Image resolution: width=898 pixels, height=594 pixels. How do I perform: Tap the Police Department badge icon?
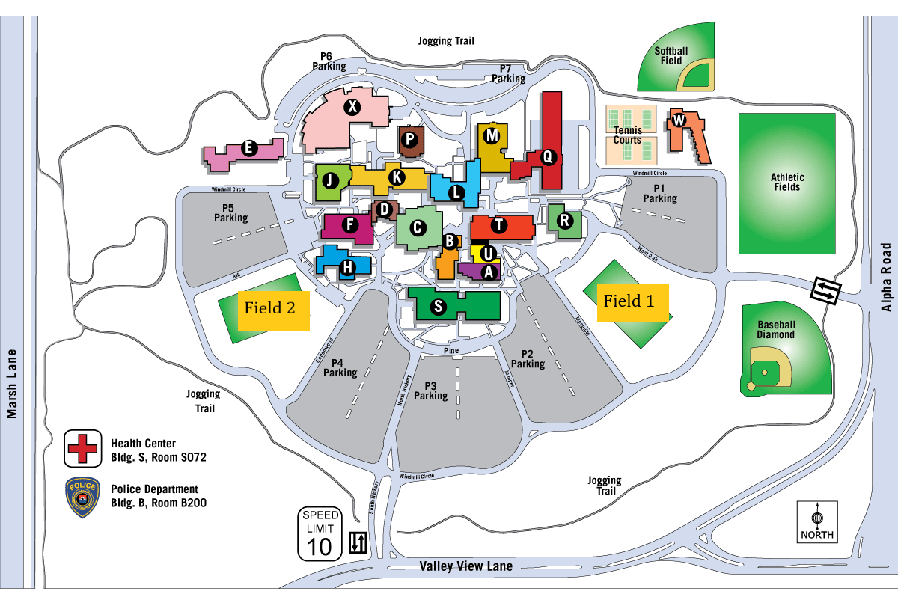(82, 497)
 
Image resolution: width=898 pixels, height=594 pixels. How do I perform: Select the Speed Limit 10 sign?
(320, 533)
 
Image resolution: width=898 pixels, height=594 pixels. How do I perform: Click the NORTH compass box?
(817, 521)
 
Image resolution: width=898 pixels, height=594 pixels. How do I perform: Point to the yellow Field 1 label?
(629, 301)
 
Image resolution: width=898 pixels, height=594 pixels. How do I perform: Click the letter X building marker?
(352, 107)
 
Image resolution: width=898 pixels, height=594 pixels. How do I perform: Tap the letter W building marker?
(678, 120)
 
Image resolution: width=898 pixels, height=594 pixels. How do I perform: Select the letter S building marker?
(439, 306)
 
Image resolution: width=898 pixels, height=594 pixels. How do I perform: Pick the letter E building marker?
(247, 148)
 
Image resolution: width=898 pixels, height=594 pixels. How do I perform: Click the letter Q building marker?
(547, 157)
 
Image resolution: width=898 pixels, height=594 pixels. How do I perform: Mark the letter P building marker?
(409, 138)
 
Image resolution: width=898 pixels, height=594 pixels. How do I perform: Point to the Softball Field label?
(671, 56)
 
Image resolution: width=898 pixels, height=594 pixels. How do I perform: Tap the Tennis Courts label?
(627, 135)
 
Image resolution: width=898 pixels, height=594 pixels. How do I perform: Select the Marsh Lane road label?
(11, 384)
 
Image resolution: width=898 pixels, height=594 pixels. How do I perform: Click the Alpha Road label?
(887, 277)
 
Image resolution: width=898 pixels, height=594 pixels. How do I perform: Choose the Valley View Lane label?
(466, 566)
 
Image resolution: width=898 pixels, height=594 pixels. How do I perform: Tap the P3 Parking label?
(430, 391)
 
